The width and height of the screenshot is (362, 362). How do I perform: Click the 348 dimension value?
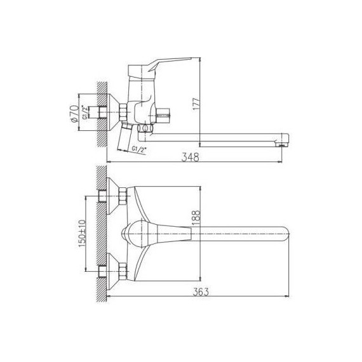click(x=190, y=157)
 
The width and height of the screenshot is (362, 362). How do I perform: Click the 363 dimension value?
click(x=201, y=292)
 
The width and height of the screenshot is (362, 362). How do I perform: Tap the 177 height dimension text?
click(x=196, y=104)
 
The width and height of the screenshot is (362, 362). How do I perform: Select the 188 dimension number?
click(x=196, y=218)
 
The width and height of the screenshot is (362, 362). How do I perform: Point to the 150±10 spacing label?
click(x=83, y=234)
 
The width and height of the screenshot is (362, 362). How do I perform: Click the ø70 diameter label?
click(x=74, y=113)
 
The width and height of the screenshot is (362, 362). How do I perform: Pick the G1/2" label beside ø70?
click(x=86, y=112)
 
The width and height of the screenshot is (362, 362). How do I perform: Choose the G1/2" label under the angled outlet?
click(x=139, y=149)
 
